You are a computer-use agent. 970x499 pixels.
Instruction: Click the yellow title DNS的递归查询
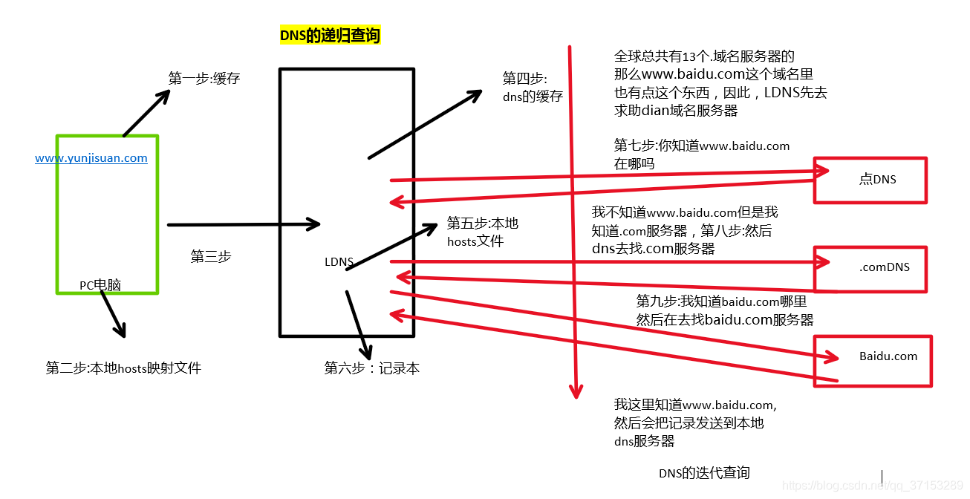click(330, 35)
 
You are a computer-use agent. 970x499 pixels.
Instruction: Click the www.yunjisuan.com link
click(91, 158)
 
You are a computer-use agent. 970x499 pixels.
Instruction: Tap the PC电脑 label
click(100, 285)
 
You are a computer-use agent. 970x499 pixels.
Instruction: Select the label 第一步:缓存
click(204, 78)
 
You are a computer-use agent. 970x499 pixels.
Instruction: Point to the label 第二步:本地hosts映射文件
click(123, 368)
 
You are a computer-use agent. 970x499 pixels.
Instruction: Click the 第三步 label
click(211, 256)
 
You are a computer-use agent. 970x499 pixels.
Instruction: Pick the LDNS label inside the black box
click(339, 261)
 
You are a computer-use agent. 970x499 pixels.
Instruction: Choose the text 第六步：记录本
click(372, 368)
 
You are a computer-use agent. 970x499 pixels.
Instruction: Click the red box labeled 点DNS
click(870, 180)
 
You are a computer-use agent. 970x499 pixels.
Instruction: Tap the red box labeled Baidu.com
click(873, 360)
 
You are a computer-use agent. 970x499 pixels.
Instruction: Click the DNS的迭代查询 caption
click(704, 473)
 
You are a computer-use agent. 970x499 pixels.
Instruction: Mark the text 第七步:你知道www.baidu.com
click(702, 146)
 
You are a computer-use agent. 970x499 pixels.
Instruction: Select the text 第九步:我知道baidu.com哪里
click(721, 301)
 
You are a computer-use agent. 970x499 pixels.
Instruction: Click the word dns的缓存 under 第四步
click(533, 97)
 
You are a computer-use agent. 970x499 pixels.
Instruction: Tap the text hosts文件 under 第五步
click(475, 241)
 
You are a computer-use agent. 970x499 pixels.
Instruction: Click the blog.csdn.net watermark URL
click(873, 485)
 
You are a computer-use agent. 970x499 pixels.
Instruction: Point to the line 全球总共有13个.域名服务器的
click(704, 56)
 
